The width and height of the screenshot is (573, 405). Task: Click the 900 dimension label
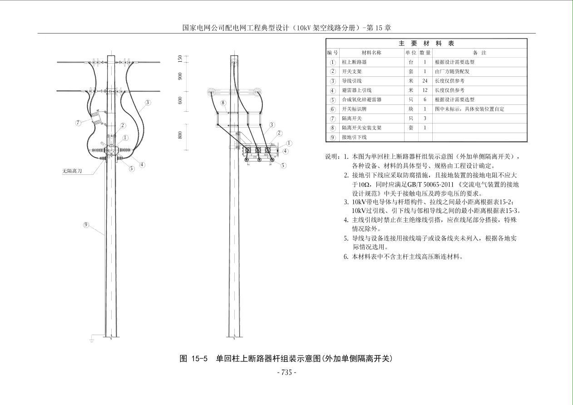pyautogui.click(x=180, y=76)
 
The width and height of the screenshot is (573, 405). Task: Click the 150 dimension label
pyautogui.click(x=180, y=59)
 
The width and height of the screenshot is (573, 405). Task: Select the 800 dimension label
pyautogui.click(x=180, y=135)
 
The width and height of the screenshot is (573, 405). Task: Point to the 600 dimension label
pyautogui.click(x=180, y=100)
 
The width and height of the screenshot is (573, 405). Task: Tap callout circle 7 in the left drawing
pyautogui.click(x=78, y=123)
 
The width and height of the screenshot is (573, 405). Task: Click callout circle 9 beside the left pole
pyautogui.click(x=86, y=225)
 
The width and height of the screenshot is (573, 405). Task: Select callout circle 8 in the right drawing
pyautogui.click(x=223, y=103)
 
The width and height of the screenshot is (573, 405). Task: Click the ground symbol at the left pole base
pyautogui.click(x=92, y=339)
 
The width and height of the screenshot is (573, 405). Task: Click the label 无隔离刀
pyautogui.click(x=72, y=171)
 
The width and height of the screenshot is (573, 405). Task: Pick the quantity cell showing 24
pyautogui.click(x=425, y=81)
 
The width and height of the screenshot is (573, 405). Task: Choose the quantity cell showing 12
pyautogui.click(x=425, y=90)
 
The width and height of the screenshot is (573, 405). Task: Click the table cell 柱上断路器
pyautogui.click(x=354, y=62)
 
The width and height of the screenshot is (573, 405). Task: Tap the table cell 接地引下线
pyautogui.click(x=354, y=137)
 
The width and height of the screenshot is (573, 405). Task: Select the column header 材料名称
pyautogui.click(x=371, y=53)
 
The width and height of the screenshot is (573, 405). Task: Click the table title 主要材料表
pyautogui.click(x=426, y=44)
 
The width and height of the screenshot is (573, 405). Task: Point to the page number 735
pyautogui.click(x=287, y=372)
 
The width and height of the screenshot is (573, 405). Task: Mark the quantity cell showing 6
pyautogui.click(x=425, y=100)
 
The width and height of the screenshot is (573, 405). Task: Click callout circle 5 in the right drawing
pyautogui.click(x=283, y=166)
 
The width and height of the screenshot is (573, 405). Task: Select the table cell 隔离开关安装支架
pyautogui.click(x=362, y=128)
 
